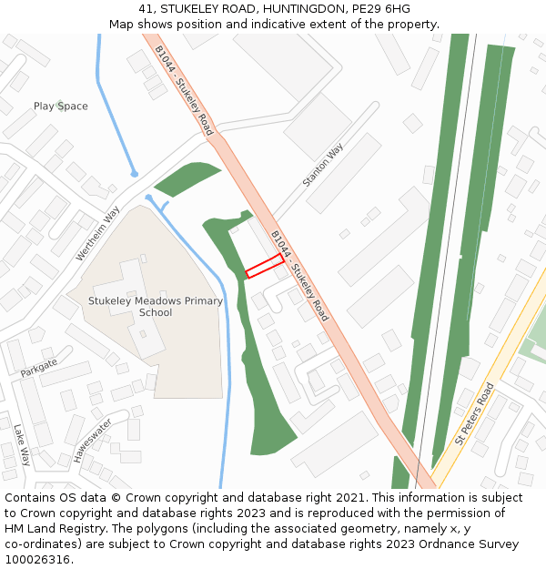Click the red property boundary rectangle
tap(264, 266)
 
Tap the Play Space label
tap(61, 107)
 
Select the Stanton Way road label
tap(323, 165)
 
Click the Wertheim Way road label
tap(98, 234)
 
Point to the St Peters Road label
tap(474, 413)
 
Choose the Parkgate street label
tap(38, 367)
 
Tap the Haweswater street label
tap(91, 441)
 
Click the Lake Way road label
tap(22, 444)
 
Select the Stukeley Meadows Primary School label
tap(156, 307)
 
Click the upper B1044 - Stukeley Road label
tap(184, 90)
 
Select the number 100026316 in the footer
tap(36, 560)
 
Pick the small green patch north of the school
tap(187, 178)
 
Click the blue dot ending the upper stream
tap(135, 173)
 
